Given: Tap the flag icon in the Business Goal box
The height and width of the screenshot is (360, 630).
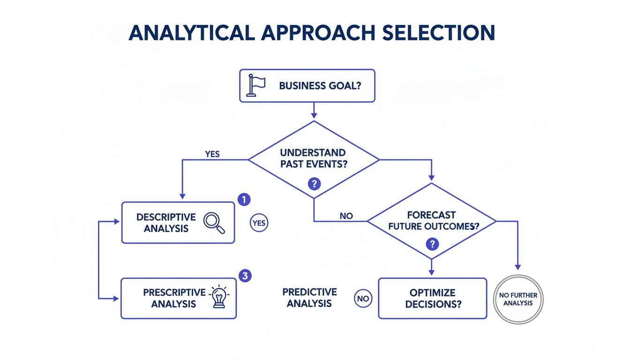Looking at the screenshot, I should click(x=256, y=85).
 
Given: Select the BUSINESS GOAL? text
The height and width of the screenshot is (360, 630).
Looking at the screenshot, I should click(x=320, y=86).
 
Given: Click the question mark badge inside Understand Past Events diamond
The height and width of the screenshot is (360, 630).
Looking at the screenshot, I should click(x=314, y=184).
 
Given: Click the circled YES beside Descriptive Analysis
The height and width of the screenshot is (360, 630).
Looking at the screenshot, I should click(x=258, y=223).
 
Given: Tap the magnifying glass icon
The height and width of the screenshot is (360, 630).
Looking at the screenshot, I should click(x=214, y=223).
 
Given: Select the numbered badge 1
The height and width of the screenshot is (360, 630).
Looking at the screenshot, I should click(x=244, y=199).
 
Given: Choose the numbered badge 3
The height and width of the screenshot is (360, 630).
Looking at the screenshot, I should click(x=244, y=276).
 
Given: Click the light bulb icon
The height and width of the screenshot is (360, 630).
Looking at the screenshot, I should click(x=218, y=297).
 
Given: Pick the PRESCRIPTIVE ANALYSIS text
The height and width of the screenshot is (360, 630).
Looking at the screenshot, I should click(x=174, y=298).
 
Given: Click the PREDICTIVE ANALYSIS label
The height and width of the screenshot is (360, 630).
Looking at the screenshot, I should click(x=309, y=298).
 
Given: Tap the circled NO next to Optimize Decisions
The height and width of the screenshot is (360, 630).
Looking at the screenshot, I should click(x=363, y=298).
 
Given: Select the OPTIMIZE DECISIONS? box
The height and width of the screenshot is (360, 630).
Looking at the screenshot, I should click(x=432, y=298).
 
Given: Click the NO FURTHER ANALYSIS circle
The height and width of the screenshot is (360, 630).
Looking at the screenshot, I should click(x=518, y=300).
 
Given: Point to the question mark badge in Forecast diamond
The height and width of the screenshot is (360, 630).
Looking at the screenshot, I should click(x=432, y=244).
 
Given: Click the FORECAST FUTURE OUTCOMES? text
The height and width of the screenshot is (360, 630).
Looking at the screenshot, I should click(x=431, y=220).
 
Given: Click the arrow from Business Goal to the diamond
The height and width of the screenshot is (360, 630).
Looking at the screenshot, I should click(x=314, y=111).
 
